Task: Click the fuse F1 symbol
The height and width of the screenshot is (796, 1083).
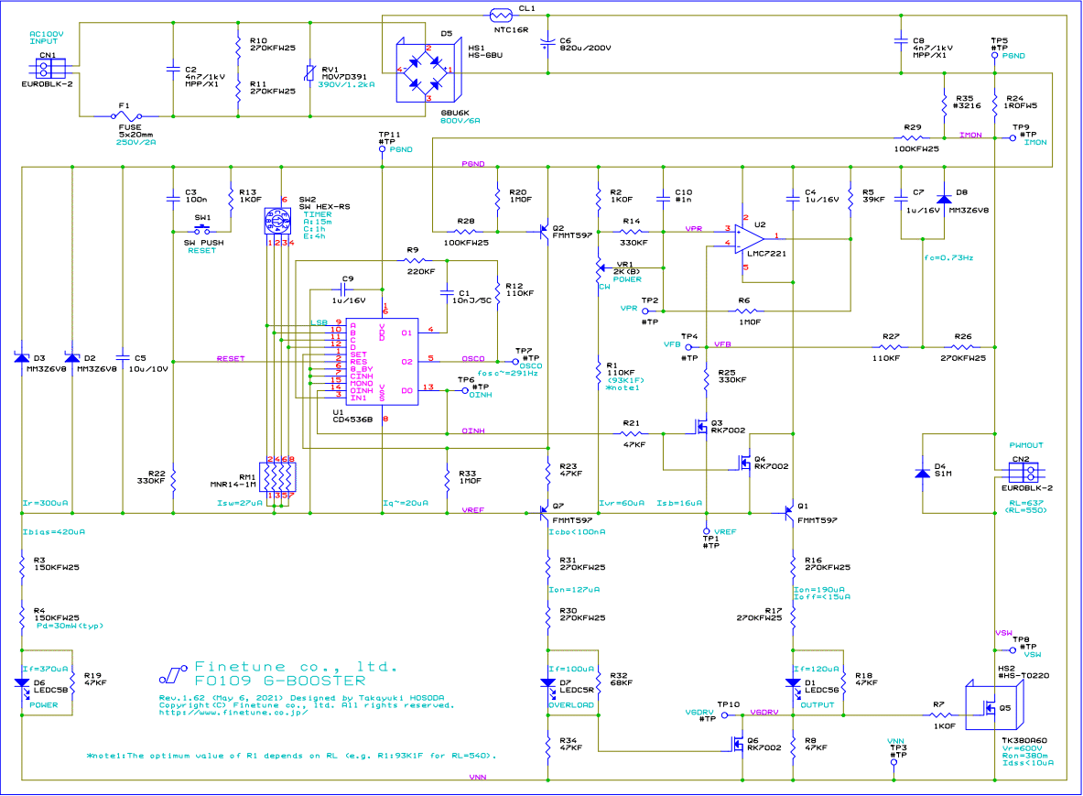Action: click(126, 116)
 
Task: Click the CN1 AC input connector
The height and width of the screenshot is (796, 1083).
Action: click(46, 67)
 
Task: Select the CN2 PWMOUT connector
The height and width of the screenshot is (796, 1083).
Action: click(1022, 472)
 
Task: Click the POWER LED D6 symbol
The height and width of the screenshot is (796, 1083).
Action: click(21, 682)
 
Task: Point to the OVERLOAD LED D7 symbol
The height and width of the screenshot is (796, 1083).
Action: click(547, 682)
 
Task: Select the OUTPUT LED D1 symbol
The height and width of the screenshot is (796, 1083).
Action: click(792, 682)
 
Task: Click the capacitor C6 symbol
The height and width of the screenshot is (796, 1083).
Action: click(547, 42)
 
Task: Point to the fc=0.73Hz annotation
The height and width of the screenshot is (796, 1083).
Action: click(948, 258)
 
